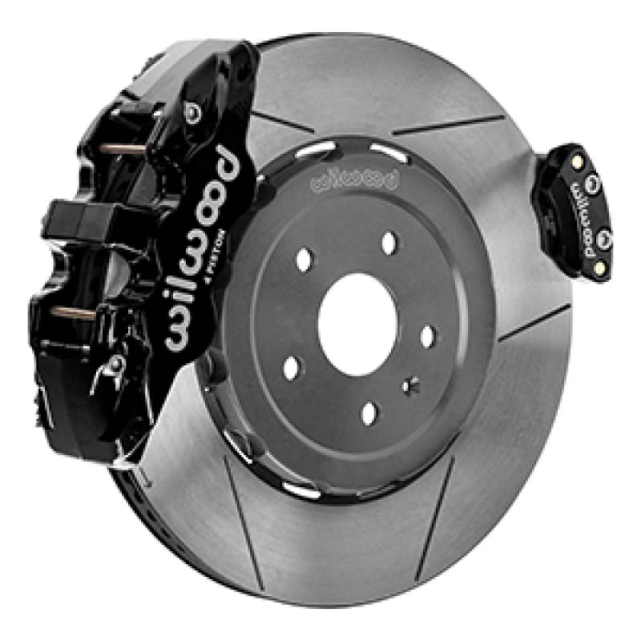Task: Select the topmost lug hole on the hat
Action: click(x=389, y=240)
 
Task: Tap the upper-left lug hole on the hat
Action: click(x=305, y=260)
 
